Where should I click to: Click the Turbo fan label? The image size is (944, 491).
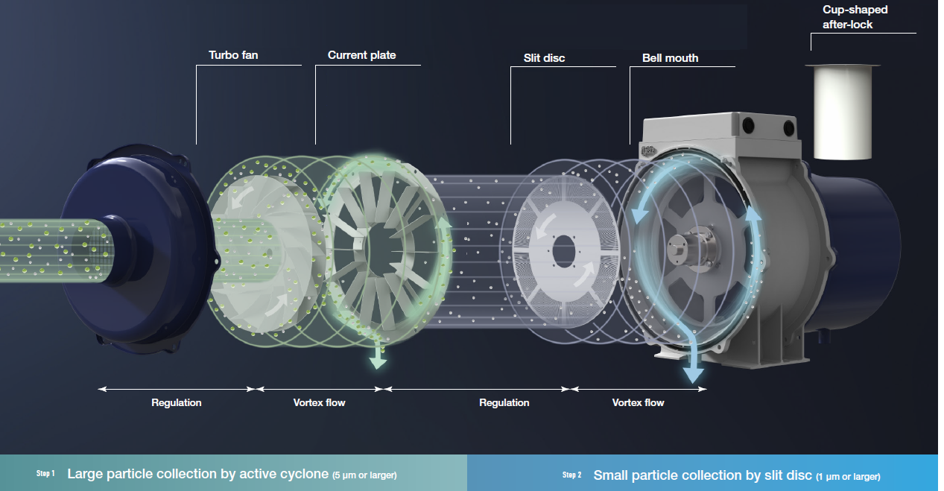(x=233, y=55)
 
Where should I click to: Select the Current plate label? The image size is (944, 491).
(x=361, y=55)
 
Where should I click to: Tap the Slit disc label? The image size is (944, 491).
(x=544, y=57)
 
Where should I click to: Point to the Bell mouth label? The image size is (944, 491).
(x=670, y=57)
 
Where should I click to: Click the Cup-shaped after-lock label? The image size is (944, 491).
(x=855, y=17)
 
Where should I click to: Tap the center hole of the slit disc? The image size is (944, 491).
(x=563, y=245)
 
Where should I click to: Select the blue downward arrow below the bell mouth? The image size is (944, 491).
(x=694, y=369)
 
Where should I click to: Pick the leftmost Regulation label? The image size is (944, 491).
(x=177, y=402)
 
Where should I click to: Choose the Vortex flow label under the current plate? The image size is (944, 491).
(x=319, y=402)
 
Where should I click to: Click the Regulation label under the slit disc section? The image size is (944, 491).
(x=504, y=402)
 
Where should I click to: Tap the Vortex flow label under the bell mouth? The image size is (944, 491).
(x=638, y=402)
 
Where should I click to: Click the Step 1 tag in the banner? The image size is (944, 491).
(x=45, y=474)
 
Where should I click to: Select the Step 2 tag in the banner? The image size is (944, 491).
(x=571, y=475)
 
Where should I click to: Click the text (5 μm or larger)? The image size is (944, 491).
(x=364, y=475)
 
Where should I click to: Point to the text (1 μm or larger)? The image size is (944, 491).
(x=848, y=476)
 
